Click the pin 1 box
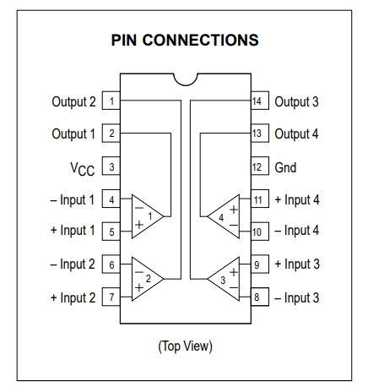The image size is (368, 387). click(111, 101)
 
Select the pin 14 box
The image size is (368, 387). click(260, 101)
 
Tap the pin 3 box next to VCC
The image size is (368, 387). click(111, 166)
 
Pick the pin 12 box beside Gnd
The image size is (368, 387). click(260, 166)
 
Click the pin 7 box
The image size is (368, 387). click(111, 297)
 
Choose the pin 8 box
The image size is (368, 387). click(260, 297)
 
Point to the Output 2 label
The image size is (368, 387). click(73, 102)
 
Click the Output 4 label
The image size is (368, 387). click(296, 134)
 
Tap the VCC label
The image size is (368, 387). click(83, 169)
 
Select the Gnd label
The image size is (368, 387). click(285, 167)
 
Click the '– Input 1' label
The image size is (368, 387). click(73, 200)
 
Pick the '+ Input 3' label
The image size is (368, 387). click(297, 264)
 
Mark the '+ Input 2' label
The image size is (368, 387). click(73, 297)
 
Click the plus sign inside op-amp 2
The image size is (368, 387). click(139, 287)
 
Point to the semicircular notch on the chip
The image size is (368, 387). click(186, 82)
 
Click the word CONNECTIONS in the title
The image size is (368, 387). click(200, 40)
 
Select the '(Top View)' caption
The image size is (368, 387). click(185, 346)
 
